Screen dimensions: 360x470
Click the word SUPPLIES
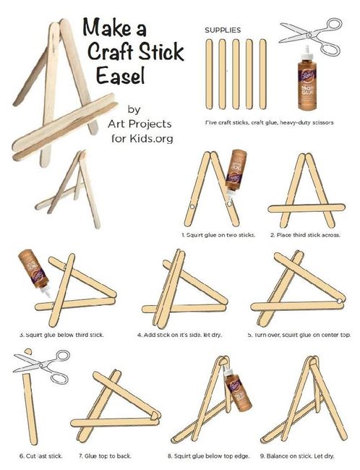[x=223, y=30]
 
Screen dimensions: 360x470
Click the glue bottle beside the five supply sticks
[x=307, y=78]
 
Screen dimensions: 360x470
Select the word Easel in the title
[x=121, y=75]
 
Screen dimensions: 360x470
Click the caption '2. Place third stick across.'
[x=305, y=235]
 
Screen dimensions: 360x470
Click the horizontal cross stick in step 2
[x=307, y=208]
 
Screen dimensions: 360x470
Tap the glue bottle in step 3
[x=33, y=272]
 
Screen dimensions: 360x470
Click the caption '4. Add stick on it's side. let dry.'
[x=179, y=335]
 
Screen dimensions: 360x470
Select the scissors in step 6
[x=42, y=366]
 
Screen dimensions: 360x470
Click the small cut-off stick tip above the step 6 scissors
[x=28, y=351]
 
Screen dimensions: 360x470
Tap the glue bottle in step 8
[x=237, y=390]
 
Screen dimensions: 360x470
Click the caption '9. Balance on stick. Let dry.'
[x=297, y=456]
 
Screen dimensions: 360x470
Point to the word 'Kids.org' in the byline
[x=151, y=139]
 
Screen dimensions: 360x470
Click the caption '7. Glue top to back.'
[x=105, y=456]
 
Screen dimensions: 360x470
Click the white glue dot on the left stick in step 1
[x=192, y=207]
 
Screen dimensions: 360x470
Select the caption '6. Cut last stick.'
[x=41, y=456]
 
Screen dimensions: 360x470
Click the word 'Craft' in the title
[x=111, y=51]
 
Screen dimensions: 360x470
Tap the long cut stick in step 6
[x=30, y=409]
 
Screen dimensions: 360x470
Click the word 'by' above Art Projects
[x=134, y=109]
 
